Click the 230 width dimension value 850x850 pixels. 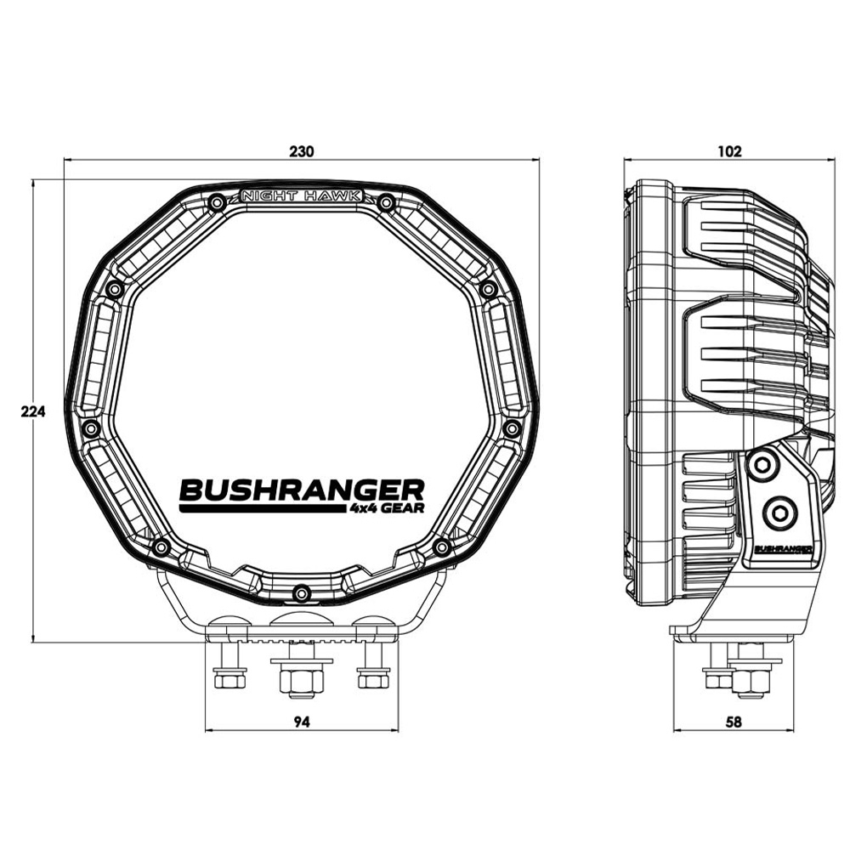pyautogui.click(x=302, y=152)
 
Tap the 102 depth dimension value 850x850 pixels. pyautogui.click(x=730, y=152)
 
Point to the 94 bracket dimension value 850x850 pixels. pyautogui.click(x=301, y=722)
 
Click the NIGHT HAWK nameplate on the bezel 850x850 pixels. pyautogui.click(x=303, y=195)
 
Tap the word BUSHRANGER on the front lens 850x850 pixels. pyautogui.click(x=301, y=490)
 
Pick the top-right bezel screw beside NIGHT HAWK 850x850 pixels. pyautogui.click(x=386, y=202)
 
